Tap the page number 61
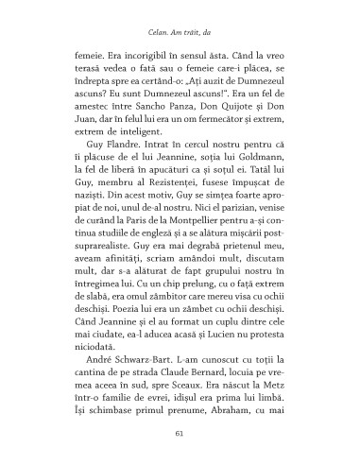(x=180, y=434)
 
